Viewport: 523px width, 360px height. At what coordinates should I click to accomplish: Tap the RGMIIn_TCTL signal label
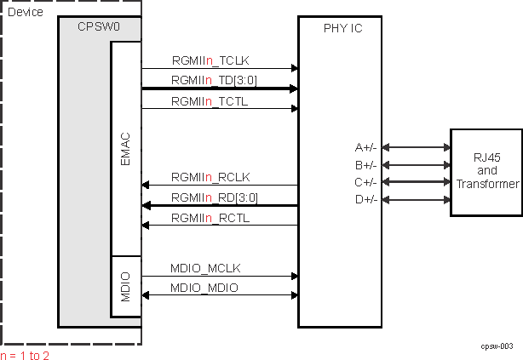pyautogui.click(x=209, y=100)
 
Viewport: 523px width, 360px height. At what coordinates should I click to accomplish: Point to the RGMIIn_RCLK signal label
pyautogui.click(x=210, y=177)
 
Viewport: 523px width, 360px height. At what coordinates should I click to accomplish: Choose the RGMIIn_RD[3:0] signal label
pyautogui.click(x=213, y=197)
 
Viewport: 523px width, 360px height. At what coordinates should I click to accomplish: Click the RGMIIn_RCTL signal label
pyautogui.click(x=210, y=218)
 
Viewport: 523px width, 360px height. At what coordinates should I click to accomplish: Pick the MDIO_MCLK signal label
pyautogui.click(x=205, y=268)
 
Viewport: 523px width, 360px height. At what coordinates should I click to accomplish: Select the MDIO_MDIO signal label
pyautogui.click(x=204, y=289)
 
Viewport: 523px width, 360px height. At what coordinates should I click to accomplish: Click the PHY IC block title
pyautogui.click(x=342, y=28)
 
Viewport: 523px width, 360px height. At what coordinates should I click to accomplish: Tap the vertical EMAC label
pyautogui.click(x=124, y=148)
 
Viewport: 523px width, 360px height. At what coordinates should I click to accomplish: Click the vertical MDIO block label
pyautogui.click(x=124, y=286)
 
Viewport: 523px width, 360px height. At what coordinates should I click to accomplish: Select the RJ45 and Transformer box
pyautogui.click(x=486, y=172)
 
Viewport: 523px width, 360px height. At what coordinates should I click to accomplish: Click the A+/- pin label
pyautogui.click(x=366, y=147)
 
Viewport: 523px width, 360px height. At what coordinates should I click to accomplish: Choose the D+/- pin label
pyautogui.click(x=366, y=199)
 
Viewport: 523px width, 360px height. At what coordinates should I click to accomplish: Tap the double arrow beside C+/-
pyautogui.click(x=417, y=182)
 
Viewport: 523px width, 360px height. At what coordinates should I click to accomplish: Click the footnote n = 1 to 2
pyautogui.click(x=26, y=354)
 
